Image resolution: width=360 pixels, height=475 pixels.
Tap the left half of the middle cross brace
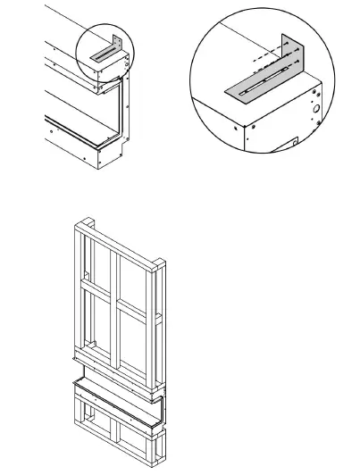point(96,291)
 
